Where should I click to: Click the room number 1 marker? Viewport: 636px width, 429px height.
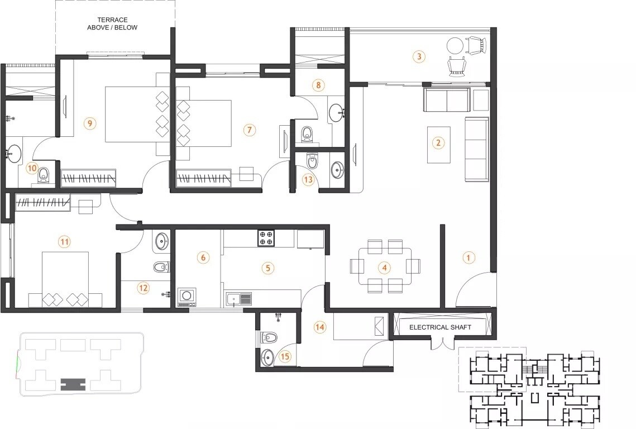[468, 258]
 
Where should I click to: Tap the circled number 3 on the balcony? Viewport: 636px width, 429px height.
[419, 56]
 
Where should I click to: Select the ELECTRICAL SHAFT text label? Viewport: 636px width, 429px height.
[441, 327]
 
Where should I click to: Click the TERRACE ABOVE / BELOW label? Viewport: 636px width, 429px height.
[112, 23]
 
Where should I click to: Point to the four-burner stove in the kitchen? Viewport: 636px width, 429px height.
[266, 238]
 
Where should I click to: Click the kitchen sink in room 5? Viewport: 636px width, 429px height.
[238, 299]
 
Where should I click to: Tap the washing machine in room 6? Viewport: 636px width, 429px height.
[187, 296]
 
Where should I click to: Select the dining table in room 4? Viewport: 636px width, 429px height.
[384, 266]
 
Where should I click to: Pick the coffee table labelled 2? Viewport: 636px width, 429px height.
[438, 144]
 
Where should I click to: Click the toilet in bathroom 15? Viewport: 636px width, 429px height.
[270, 337]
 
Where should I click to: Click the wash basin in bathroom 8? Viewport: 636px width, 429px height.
[336, 112]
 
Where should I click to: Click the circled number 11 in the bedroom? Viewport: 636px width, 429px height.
[65, 242]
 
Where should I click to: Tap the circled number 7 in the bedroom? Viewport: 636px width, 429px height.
[249, 130]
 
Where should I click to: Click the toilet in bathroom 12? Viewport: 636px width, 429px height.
[160, 266]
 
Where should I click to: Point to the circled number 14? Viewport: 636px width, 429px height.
[320, 327]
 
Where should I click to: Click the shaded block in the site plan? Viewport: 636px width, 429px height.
[74, 385]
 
